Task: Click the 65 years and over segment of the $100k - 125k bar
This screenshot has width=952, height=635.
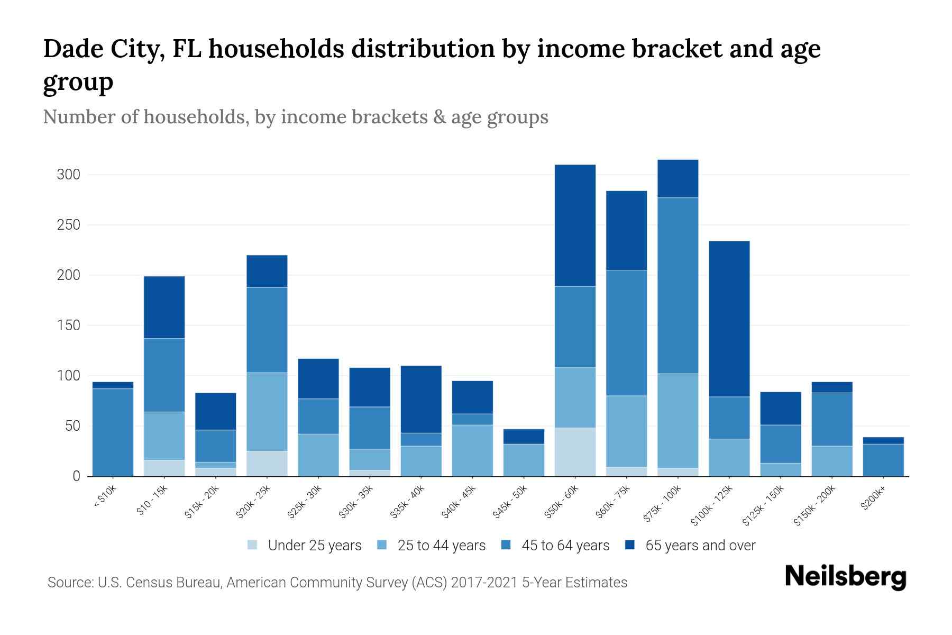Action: (729, 319)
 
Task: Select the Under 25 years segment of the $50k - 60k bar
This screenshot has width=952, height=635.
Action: (575, 451)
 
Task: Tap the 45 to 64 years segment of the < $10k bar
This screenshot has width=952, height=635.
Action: (113, 432)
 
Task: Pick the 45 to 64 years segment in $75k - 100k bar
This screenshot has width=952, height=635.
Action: (678, 285)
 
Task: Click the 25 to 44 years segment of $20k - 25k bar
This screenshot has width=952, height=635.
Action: (267, 411)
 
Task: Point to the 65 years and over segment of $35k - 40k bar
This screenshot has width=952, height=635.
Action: (420, 399)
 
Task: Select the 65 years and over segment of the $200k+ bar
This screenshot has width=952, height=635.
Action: (883, 440)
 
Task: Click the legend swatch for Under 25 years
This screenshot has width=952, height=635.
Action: (252, 545)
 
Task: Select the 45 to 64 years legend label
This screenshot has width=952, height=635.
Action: (565, 545)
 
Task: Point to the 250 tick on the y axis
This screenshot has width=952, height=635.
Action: (68, 225)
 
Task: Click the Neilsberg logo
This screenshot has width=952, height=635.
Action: (845, 576)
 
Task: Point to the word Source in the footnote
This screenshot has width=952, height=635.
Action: (69, 583)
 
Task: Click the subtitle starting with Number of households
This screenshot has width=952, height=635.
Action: (295, 116)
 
